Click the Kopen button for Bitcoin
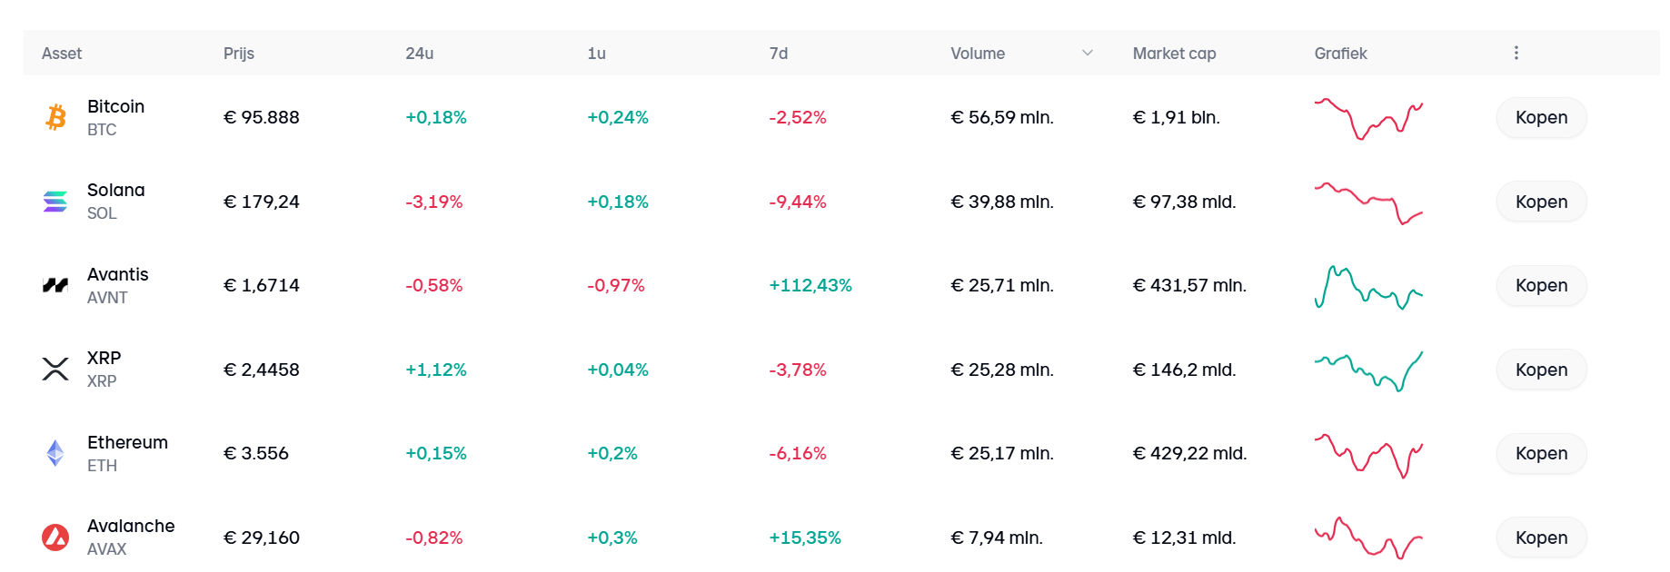(1541, 118)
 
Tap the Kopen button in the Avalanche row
(1541, 537)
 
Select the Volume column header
(977, 54)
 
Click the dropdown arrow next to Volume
(1088, 54)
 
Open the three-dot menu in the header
(1516, 54)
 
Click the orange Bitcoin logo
(55, 117)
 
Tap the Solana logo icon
(55, 202)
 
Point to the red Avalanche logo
(55, 537)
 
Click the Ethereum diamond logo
(55, 453)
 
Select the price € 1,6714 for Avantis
(262, 286)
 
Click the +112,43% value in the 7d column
(810, 286)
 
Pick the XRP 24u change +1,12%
(435, 370)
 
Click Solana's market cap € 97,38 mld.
(1184, 202)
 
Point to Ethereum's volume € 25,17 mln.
(1002, 453)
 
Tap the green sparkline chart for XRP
(1368, 370)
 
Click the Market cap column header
(1174, 54)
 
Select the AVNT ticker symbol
(107, 298)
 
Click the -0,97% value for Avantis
(615, 286)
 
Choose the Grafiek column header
(1340, 54)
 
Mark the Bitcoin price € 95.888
(262, 118)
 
